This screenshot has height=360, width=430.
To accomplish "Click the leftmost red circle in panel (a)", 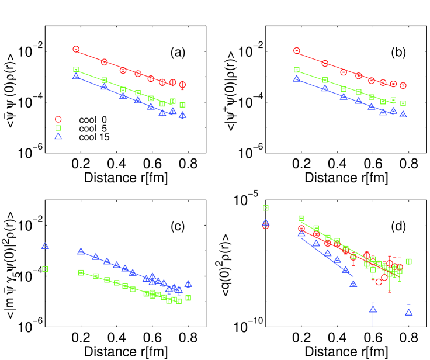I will (76, 50).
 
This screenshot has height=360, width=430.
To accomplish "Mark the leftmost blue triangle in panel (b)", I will (296, 78).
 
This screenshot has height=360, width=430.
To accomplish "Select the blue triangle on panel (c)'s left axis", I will (44, 246).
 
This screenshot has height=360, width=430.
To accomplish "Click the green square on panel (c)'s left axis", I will (44, 269).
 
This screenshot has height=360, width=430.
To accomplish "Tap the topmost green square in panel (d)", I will (266, 207).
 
